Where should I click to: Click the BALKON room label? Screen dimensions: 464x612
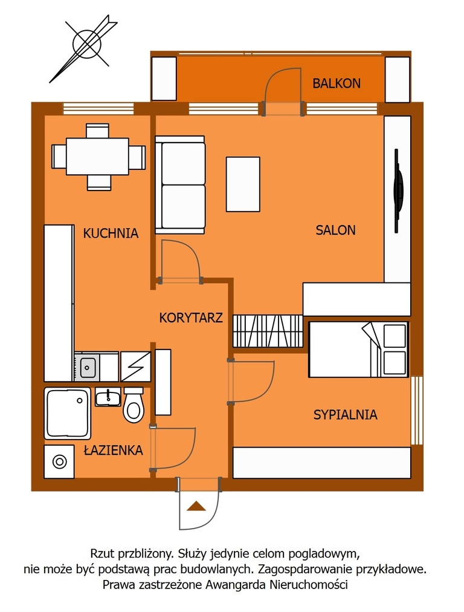[337, 83]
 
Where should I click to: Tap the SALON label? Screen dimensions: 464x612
[335, 230]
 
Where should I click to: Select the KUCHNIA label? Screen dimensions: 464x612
[111, 233]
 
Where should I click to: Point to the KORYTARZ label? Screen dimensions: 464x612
[191, 317]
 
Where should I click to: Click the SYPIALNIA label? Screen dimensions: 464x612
[346, 414]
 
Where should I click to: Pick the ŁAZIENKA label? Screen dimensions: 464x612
[114, 450]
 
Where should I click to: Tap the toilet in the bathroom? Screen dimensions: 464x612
[134, 405]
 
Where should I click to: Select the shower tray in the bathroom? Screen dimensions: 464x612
[68, 413]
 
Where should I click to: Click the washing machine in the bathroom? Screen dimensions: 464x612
[59, 462]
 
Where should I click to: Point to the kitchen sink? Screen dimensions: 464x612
[87, 367]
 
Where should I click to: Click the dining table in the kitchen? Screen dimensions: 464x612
[97, 157]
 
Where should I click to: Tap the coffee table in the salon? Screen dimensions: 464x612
[243, 184]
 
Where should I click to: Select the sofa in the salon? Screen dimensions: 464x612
[180, 185]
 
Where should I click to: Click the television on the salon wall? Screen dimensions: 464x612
[398, 191]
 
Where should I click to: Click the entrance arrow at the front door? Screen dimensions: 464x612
[196, 506]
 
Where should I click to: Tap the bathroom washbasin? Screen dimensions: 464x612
[108, 397]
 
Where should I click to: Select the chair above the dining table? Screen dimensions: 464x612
[97, 131]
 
